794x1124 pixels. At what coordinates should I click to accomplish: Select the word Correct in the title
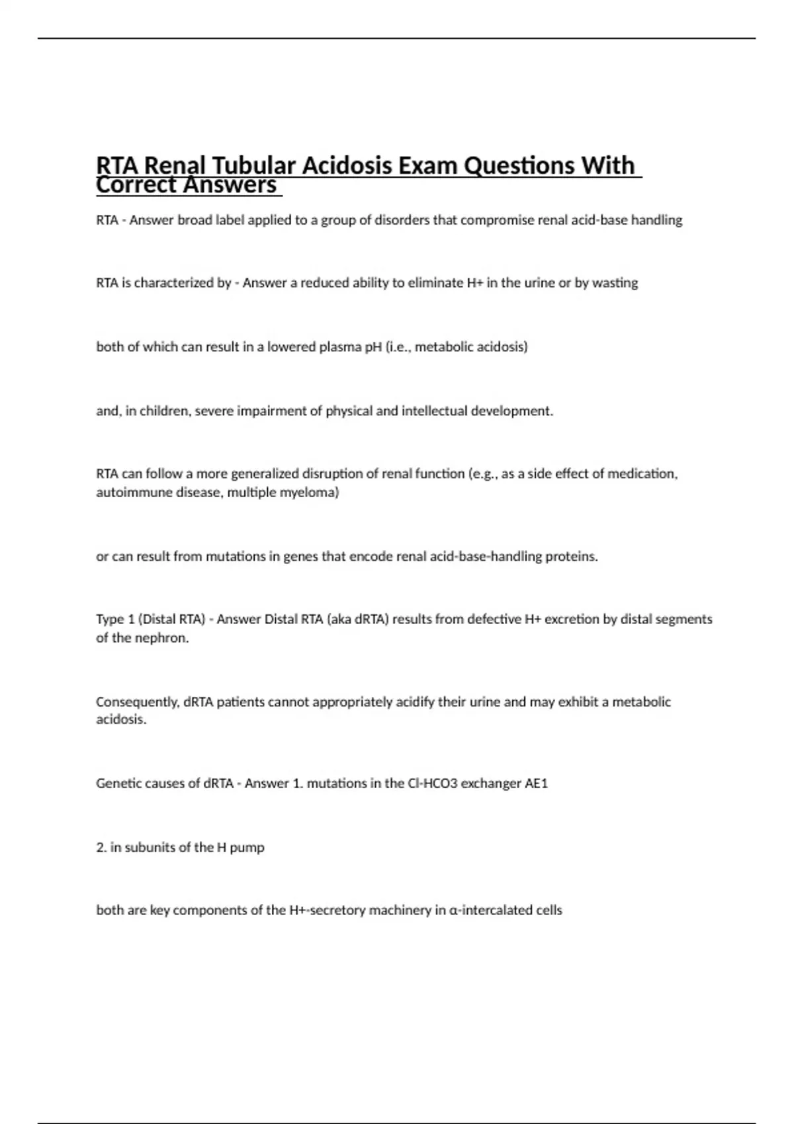tap(136, 185)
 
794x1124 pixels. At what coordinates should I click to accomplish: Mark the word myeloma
tap(314, 493)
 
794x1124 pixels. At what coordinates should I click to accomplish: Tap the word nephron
tap(165, 638)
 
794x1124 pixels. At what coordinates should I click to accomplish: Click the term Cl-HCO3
tap(432, 783)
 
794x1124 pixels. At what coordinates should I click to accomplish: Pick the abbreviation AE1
tap(536, 783)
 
